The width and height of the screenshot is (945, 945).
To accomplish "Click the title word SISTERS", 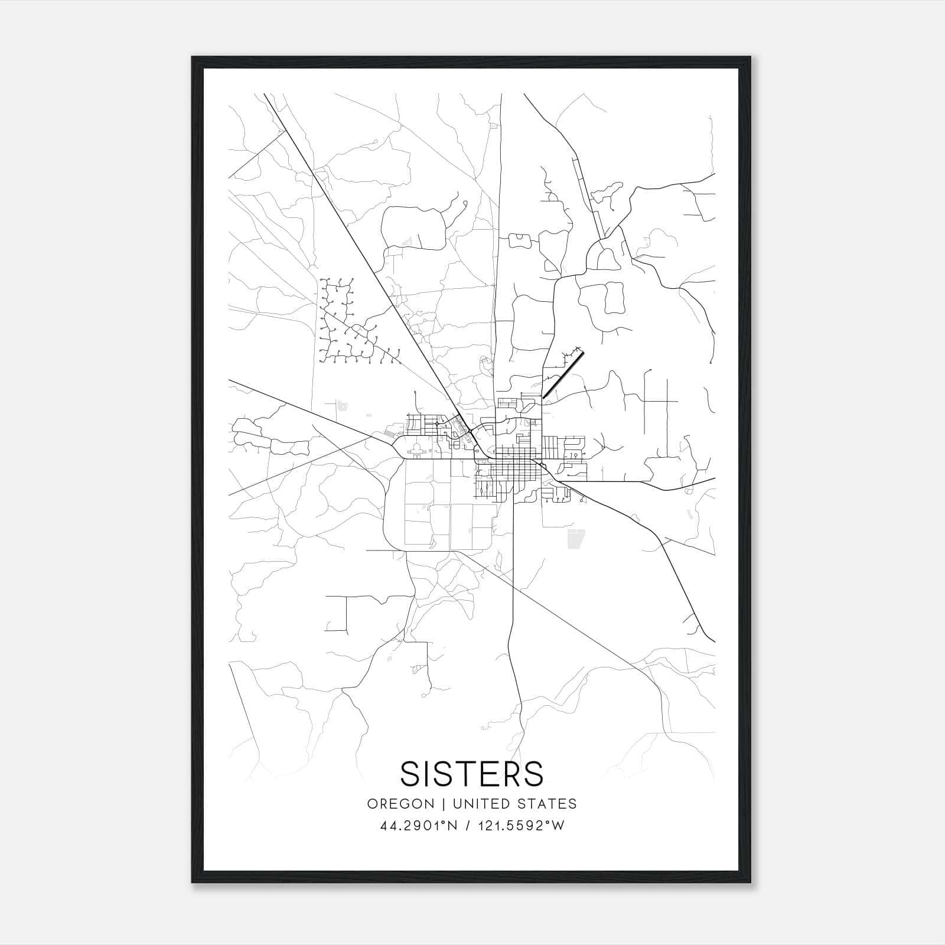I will (472, 774).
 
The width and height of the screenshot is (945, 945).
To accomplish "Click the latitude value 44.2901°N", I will (419, 826).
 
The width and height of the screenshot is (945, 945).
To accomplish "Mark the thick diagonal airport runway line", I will (563, 376).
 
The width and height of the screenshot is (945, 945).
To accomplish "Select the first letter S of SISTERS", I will (409, 774).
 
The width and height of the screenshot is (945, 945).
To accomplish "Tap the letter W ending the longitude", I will (558, 826).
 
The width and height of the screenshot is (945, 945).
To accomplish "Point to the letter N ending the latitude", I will (454, 826).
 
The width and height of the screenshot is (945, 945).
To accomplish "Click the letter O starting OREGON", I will (372, 804).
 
